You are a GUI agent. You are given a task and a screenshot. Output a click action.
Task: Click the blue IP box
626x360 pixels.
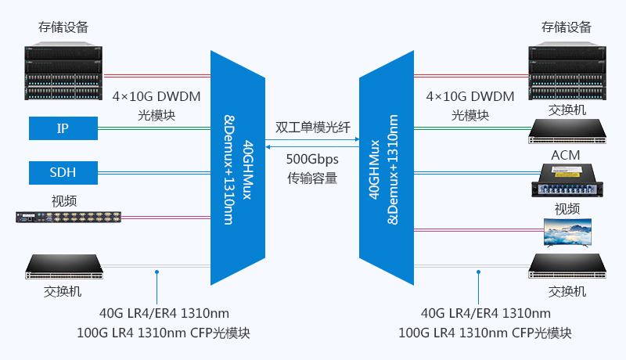coord(63,128)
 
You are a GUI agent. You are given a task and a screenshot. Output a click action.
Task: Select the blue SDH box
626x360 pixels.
coord(63,171)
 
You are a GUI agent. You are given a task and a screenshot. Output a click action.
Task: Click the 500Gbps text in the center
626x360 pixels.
coord(312,158)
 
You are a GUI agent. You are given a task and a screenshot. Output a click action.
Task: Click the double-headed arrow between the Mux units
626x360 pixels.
coord(312,144)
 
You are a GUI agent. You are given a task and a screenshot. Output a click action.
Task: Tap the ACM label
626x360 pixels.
coord(566,155)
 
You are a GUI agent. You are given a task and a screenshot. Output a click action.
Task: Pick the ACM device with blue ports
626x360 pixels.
coord(567,180)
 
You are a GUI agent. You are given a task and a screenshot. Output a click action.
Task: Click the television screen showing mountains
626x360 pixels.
coord(567,232)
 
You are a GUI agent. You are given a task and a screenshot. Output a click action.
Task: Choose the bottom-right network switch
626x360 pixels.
coord(567,267)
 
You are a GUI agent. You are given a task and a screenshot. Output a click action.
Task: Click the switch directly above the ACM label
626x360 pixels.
coord(567,130)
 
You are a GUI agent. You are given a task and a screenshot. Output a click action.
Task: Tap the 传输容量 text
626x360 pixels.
coord(312,178)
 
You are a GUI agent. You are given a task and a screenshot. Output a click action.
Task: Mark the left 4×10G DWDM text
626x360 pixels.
coord(156,97)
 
